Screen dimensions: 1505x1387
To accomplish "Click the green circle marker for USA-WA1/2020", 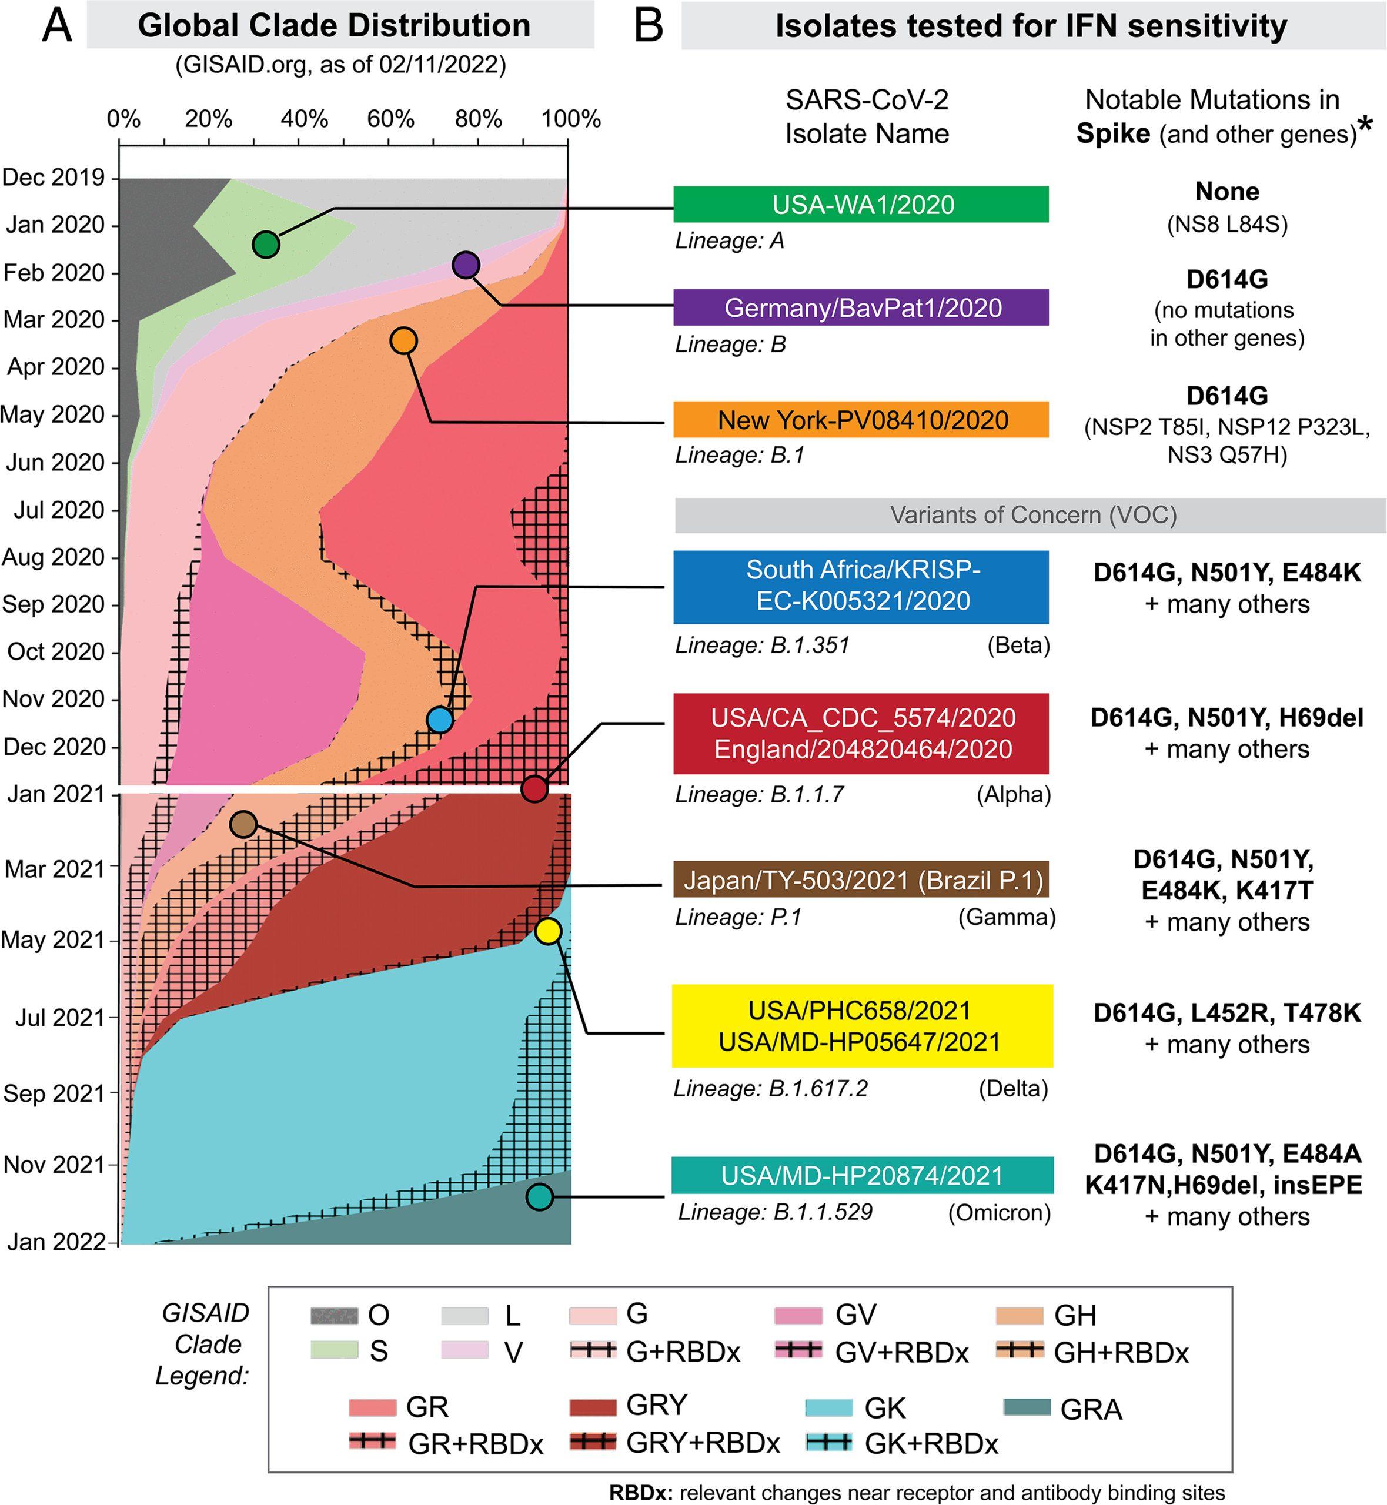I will click(266, 244).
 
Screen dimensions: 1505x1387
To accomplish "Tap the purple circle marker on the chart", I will click(466, 264).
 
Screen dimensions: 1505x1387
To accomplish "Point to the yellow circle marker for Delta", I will click(548, 931).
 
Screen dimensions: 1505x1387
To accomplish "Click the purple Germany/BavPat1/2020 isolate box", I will click(860, 307).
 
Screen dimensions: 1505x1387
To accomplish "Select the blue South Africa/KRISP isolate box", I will click(860, 586).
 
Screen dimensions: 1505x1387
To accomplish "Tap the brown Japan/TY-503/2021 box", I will click(860, 880).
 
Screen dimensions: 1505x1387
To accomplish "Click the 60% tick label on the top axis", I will click(391, 119).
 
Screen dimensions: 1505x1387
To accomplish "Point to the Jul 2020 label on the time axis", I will click(59, 510).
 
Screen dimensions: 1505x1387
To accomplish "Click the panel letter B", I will click(649, 25).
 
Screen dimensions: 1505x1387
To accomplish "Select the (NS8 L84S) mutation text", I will click(1227, 225).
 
